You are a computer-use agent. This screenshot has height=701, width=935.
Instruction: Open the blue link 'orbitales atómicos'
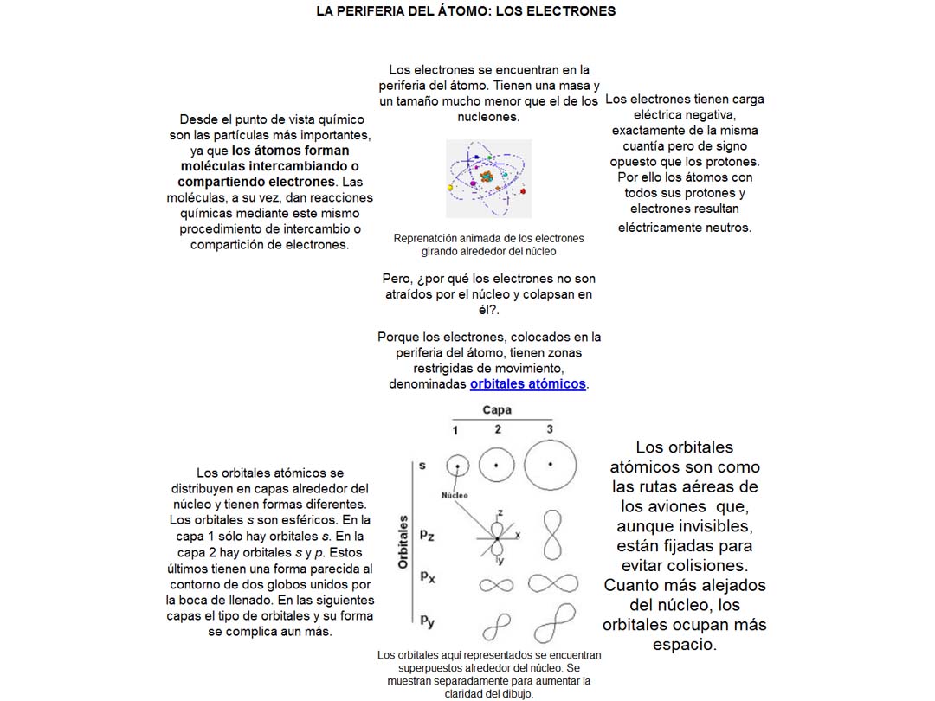pyautogui.click(x=528, y=383)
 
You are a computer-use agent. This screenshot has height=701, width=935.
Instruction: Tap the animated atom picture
pyautogui.click(x=488, y=178)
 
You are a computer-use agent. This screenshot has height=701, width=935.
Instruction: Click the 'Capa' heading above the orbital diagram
pyautogui.click(x=497, y=410)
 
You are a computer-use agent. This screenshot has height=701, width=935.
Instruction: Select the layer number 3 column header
pyautogui.click(x=549, y=429)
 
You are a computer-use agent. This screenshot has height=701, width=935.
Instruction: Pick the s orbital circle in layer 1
pyautogui.click(x=458, y=466)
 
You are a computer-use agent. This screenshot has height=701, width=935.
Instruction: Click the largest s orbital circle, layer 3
pyautogui.click(x=550, y=465)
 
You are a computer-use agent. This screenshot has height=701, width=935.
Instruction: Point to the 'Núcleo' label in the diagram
pyautogui.click(x=455, y=495)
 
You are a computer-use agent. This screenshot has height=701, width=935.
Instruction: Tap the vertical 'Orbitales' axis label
pyautogui.click(x=403, y=542)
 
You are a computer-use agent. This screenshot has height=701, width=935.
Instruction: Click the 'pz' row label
pyautogui.click(x=427, y=536)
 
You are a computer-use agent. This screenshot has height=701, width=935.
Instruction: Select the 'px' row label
pyautogui.click(x=427, y=576)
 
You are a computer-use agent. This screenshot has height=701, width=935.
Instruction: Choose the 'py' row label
pyautogui.click(x=427, y=620)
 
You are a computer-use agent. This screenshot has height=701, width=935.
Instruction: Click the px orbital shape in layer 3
pyautogui.click(x=552, y=583)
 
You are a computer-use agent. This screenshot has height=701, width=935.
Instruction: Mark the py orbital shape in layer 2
pyautogui.click(x=497, y=625)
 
